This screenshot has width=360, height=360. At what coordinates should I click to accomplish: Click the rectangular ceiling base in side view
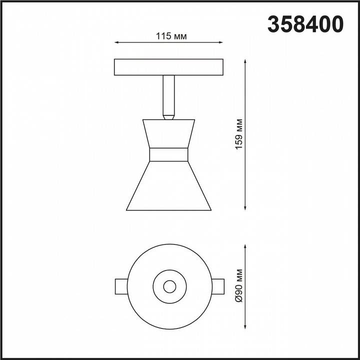[x=169, y=67]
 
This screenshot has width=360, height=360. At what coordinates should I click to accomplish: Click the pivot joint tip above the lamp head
[x=169, y=117]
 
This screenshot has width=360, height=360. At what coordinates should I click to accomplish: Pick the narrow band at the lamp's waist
[x=168, y=155]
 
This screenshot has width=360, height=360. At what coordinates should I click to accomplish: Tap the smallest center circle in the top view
[x=169, y=286]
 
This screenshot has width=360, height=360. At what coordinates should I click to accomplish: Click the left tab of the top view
[x=121, y=286]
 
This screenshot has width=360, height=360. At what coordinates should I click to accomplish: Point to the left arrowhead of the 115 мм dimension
[x=117, y=43]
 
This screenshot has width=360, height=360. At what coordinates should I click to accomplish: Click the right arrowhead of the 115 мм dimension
[x=221, y=43]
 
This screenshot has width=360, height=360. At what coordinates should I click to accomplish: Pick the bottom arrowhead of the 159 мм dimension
[x=245, y=207]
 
